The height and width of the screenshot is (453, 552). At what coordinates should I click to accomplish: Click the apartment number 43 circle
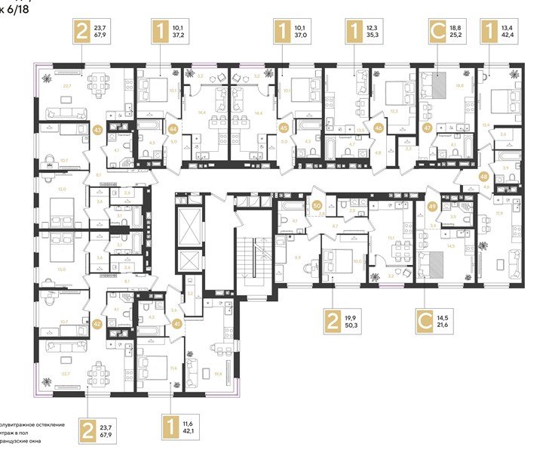pyautogui.click(x=97, y=130)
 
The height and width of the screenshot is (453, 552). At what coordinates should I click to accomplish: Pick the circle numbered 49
pyautogui.click(x=432, y=208)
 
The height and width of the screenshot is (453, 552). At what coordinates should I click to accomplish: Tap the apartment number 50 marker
pyautogui.click(x=318, y=205)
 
